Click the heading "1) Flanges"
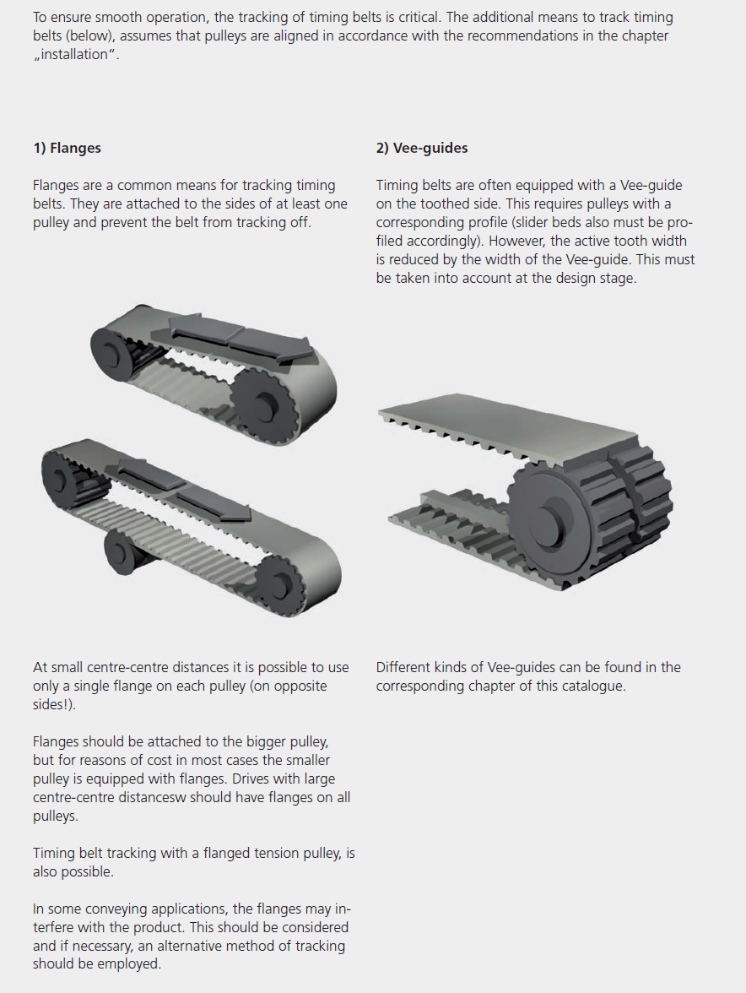click(x=67, y=149)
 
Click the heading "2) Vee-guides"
click(x=422, y=149)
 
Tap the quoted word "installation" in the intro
click(x=74, y=54)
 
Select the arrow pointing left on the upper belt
click(x=206, y=327)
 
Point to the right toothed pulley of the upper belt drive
click(x=261, y=402)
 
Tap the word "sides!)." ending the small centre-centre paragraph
click(x=54, y=705)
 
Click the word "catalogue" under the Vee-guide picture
click(x=592, y=686)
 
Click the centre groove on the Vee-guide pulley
click(x=626, y=500)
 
